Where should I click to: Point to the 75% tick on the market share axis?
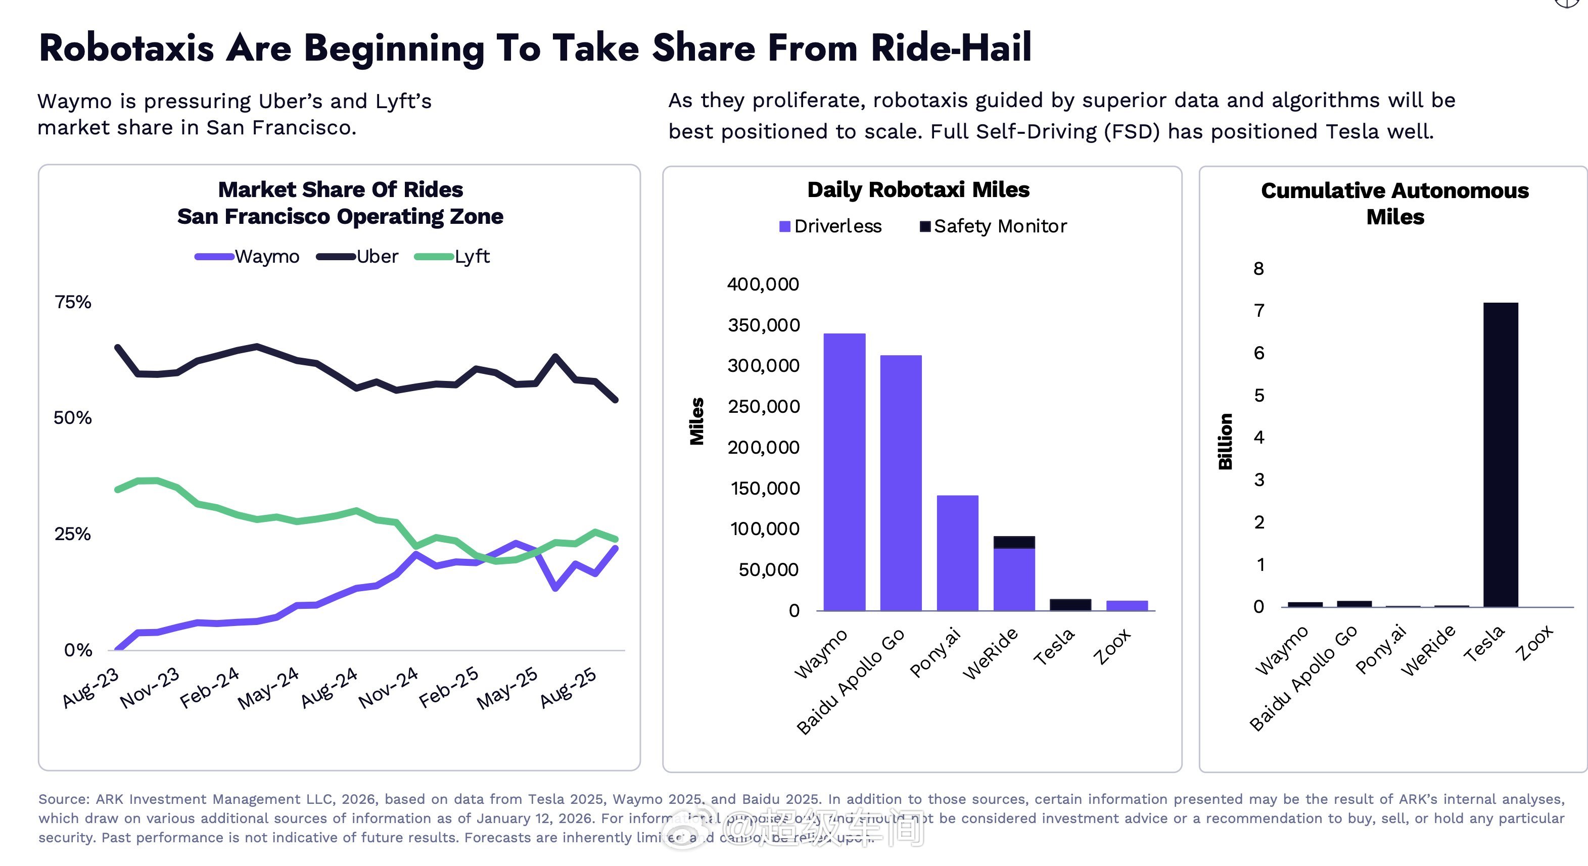(x=73, y=302)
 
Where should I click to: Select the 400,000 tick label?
(x=763, y=284)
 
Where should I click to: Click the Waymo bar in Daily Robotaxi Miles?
(x=844, y=471)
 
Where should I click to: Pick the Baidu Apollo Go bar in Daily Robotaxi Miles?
(x=901, y=483)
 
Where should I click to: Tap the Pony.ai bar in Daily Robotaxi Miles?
(x=957, y=553)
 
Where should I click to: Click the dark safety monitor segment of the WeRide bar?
(x=1014, y=542)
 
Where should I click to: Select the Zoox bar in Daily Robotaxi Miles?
(x=1127, y=605)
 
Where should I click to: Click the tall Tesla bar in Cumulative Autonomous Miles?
(x=1501, y=454)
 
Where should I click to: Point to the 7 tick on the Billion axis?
(x=1259, y=311)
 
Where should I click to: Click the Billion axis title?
(x=1226, y=441)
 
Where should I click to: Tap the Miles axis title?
(x=696, y=421)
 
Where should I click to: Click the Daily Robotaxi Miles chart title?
(x=918, y=189)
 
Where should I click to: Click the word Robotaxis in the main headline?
(x=126, y=48)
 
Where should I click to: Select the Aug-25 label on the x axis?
(x=569, y=687)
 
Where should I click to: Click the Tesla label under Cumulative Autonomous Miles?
(x=1484, y=644)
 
